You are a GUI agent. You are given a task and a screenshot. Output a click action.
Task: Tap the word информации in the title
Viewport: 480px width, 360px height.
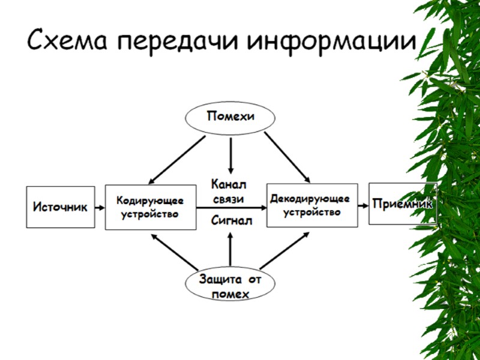coord(331,41)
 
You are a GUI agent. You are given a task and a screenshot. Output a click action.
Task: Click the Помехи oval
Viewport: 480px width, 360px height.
coord(230,116)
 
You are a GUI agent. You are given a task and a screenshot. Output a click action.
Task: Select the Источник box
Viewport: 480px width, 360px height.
coord(60,207)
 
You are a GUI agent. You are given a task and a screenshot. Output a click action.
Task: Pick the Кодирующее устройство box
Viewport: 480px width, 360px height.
coord(150,207)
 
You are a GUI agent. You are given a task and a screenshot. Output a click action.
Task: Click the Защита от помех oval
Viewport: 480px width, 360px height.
coord(230,286)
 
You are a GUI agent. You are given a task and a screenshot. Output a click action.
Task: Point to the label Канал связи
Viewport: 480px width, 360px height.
coord(228,191)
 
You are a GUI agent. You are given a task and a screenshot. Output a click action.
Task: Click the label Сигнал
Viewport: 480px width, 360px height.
coord(231,221)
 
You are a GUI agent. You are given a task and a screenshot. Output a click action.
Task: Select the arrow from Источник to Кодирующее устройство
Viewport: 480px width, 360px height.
coord(100,208)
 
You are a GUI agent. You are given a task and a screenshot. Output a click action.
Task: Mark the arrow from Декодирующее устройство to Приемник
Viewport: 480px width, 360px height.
coord(362,205)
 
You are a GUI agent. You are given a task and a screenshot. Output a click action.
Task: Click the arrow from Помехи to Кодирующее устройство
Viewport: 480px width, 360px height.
coord(178,159)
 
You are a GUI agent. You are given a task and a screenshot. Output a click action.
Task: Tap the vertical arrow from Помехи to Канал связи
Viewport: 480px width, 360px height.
coord(230,155)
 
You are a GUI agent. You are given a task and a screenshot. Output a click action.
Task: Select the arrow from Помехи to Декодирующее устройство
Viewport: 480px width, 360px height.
coord(287,156)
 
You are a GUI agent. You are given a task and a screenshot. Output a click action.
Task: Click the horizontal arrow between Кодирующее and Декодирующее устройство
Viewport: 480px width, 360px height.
coord(231,208)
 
